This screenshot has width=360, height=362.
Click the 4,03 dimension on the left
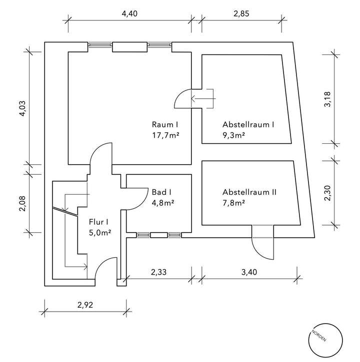[x=21, y=108]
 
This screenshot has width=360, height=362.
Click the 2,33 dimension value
[x=158, y=273]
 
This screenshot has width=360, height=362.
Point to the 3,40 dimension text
[x=248, y=273]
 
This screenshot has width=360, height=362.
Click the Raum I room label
[x=165, y=125]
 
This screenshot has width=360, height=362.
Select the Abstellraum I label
[x=248, y=125]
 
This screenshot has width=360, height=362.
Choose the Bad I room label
[x=161, y=192]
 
